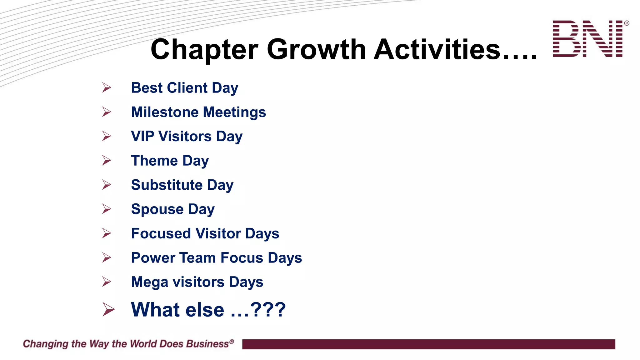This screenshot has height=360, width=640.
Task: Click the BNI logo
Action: point(588,39)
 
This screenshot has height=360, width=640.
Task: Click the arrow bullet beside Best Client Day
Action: point(107,87)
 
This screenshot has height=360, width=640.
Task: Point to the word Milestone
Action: point(165,112)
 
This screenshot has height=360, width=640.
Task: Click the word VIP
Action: point(142,136)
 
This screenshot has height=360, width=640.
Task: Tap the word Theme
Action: point(154,161)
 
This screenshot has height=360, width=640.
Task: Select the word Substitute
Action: point(167,185)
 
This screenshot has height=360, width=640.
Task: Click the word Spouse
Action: point(157,209)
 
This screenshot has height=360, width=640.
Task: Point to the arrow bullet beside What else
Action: point(108,310)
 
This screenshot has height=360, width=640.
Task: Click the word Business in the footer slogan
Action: point(207,344)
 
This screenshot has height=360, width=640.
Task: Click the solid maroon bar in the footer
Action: point(428,344)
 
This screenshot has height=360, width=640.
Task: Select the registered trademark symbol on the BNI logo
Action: point(627,23)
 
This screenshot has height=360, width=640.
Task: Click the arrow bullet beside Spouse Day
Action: point(107,209)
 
